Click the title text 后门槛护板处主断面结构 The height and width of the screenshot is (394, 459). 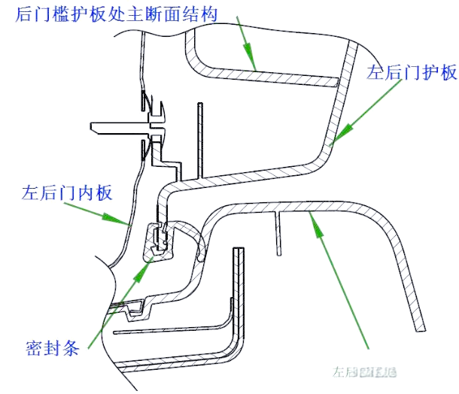tap(117, 14)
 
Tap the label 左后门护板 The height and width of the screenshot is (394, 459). tap(412, 72)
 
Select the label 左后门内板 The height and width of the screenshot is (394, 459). tap(68, 193)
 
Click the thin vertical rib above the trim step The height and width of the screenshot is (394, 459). tap(199, 139)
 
